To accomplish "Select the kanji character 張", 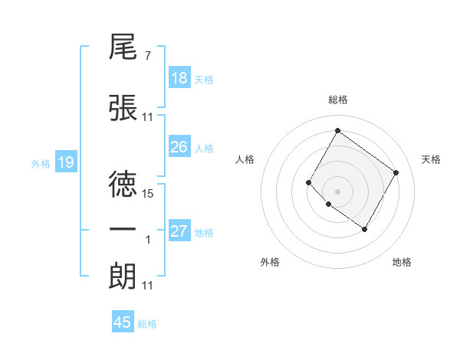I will click(x=123, y=108).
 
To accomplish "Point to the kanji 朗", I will click(x=123, y=274).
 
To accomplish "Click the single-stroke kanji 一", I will click(x=123, y=229).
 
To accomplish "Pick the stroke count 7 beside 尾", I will click(x=147, y=57).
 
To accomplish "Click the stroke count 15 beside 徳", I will click(x=149, y=195).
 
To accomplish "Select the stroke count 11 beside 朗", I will click(x=148, y=286).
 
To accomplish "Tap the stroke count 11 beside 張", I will click(x=148, y=118).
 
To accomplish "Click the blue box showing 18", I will click(x=179, y=78).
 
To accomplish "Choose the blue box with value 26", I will click(x=179, y=147).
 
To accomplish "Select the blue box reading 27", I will click(x=179, y=231).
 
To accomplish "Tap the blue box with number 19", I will click(x=65, y=162).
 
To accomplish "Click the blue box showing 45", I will click(x=123, y=322).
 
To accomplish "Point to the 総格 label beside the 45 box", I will click(x=148, y=324).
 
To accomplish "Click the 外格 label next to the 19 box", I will click(x=41, y=163).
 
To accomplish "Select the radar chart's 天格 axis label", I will click(x=432, y=159).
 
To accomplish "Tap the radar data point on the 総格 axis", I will click(x=337, y=130).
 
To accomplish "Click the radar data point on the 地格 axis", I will click(x=365, y=229).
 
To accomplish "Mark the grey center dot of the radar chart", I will click(x=337, y=191).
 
